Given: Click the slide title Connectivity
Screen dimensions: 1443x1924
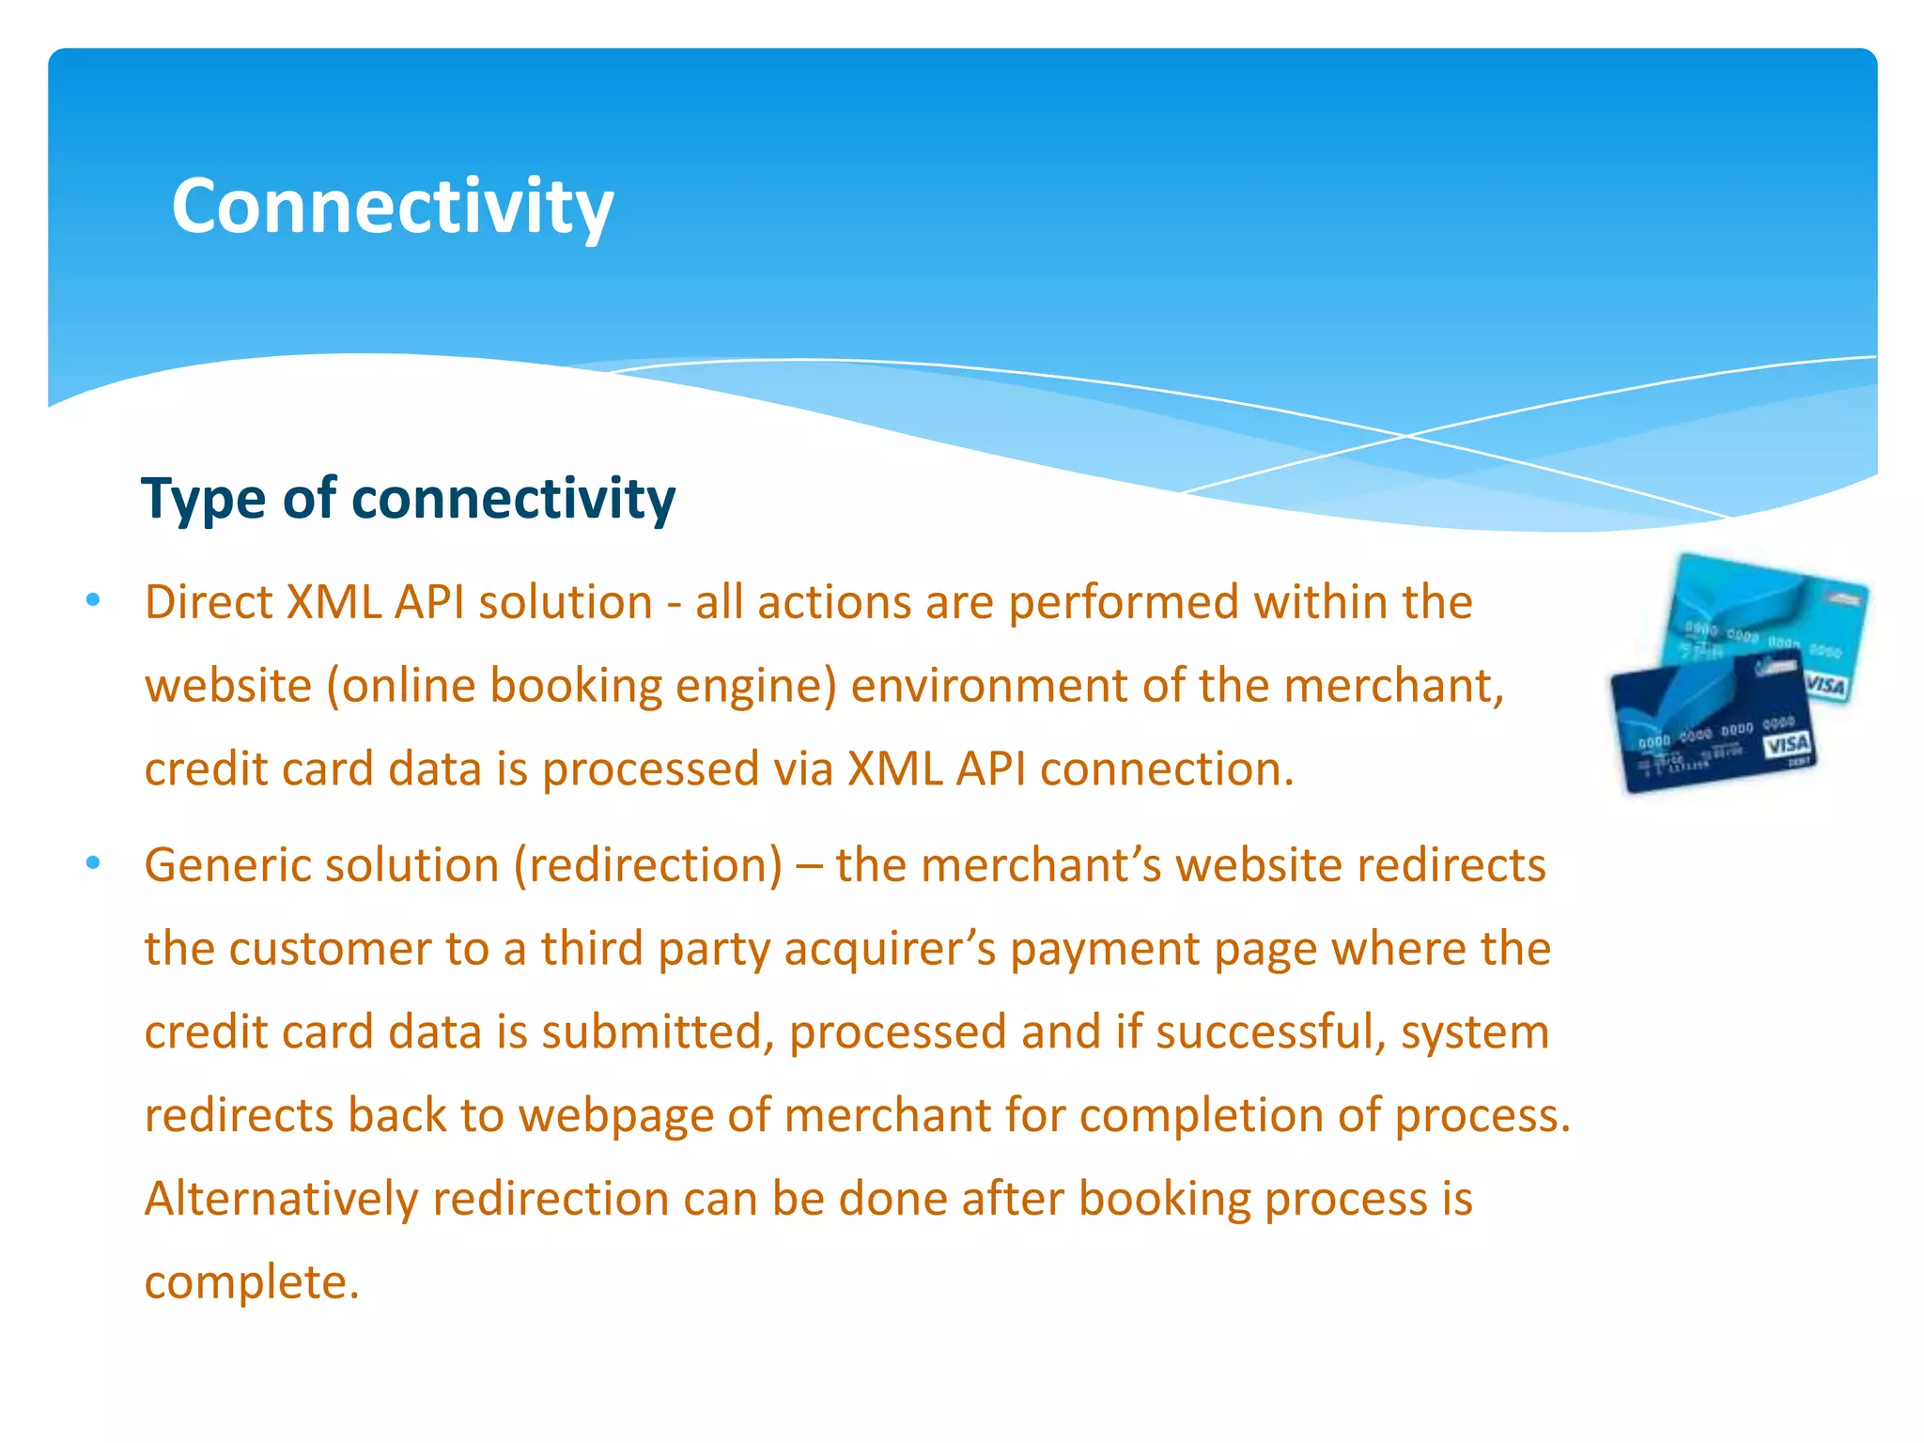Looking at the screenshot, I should pyautogui.click(x=392, y=207).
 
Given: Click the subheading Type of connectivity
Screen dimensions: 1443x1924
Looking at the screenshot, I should pyautogui.click(x=408, y=498).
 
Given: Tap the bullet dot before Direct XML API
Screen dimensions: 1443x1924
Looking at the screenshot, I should pyautogui.click(x=92, y=600).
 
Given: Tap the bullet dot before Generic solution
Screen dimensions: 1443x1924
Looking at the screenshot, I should pyautogui.click(x=92, y=862).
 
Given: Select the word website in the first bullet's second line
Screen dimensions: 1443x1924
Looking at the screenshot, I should pyautogui.click(x=227, y=686).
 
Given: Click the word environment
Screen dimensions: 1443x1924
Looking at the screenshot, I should pyautogui.click(x=988, y=686).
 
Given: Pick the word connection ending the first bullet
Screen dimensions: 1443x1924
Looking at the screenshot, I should pyautogui.click(x=1166, y=769).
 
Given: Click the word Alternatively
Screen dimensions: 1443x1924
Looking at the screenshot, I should pyautogui.click(x=281, y=1200).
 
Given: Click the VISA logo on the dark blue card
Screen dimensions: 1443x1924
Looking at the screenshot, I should pyautogui.click(x=1786, y=745).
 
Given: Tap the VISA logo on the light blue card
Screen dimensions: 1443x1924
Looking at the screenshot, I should pyautogui.click(x=1824, y=685).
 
